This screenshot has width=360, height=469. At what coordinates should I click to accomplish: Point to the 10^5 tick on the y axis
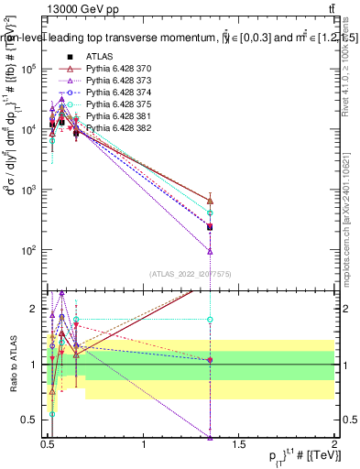[x=29, y=69]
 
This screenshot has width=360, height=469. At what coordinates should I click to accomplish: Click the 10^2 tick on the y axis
[x=29, y=250]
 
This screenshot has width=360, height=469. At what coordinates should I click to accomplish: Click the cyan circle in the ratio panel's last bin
[x=211, y=320]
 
